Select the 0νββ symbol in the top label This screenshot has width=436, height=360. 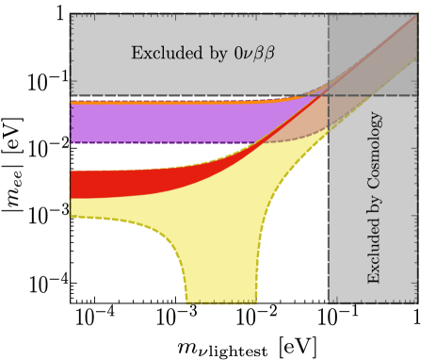coord(253,54)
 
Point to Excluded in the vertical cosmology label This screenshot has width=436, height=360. coord(375,252)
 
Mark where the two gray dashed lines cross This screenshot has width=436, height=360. coord(328,95)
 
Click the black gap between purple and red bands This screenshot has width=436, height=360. coord(141,155)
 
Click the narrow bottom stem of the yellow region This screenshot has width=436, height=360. coord(221,292)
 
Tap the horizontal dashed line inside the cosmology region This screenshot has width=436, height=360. coord(377,95)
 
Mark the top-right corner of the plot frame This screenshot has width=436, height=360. coord(417,13)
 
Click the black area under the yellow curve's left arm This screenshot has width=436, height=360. coord(113,264)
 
